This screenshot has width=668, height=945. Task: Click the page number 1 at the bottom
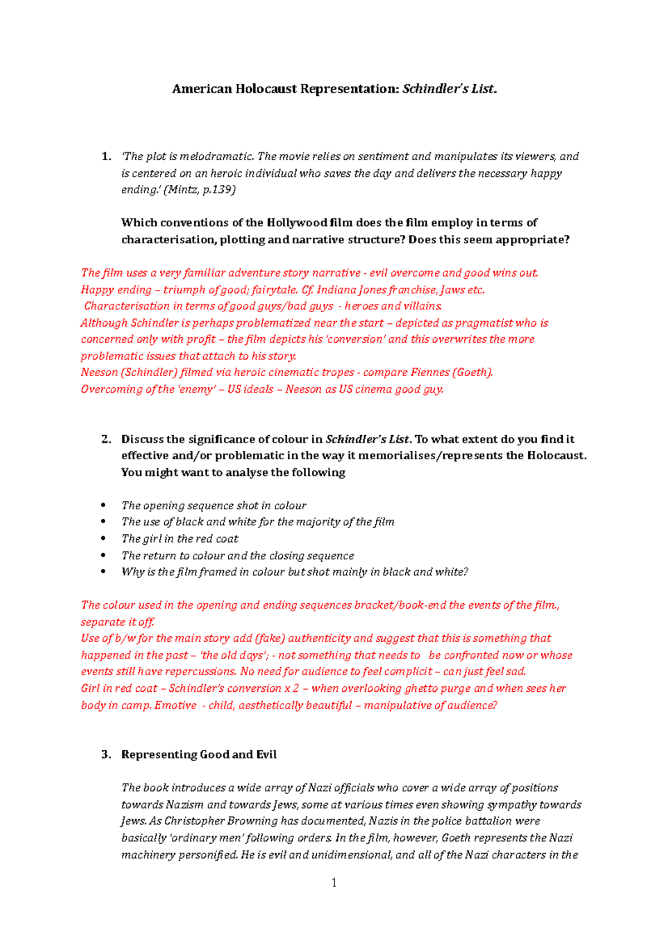click(x=333, y=883)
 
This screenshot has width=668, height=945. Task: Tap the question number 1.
click(x=106, y=157)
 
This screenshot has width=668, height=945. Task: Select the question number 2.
click(x=106, y=439)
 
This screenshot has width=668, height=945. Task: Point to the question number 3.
click(x=106, y=755)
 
